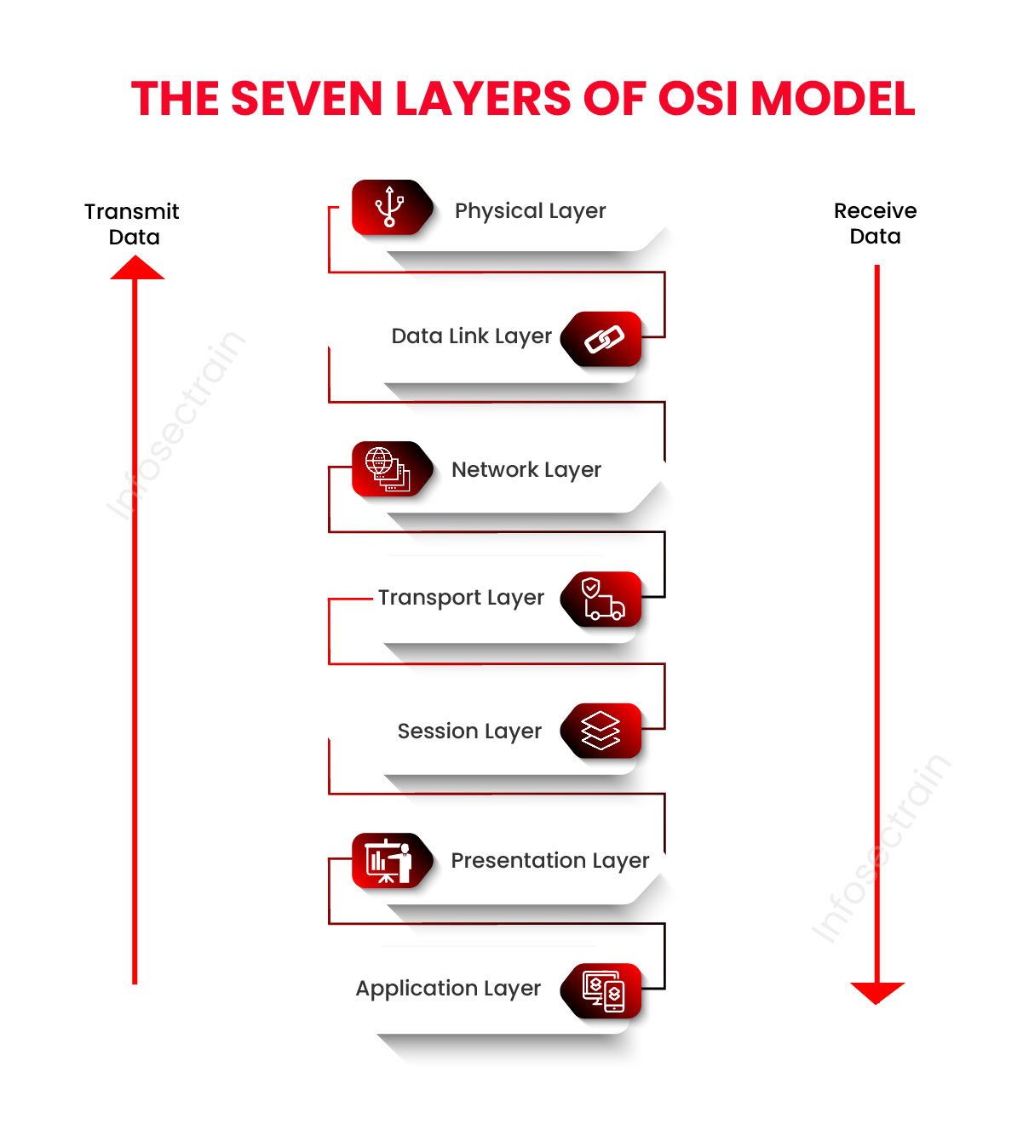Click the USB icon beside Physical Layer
390,207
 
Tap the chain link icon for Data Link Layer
604,339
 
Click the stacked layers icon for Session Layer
601,731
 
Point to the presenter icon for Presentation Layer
388,861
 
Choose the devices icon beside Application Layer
603,990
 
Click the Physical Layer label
530,211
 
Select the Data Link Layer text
471,336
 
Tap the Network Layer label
526,470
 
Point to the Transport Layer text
461,598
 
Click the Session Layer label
469,731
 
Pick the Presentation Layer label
549,861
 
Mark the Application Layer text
448,989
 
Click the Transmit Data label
132,224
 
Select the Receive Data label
875,223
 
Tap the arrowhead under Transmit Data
136,269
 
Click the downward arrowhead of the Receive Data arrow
876,992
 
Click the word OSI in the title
697,99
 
